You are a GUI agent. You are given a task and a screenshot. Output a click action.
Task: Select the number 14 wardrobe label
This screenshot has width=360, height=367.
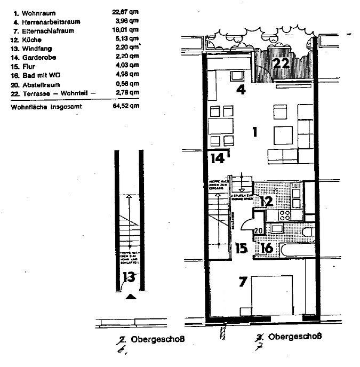pos(217,158)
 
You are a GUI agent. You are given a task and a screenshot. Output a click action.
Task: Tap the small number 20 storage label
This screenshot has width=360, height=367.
pos(259,230)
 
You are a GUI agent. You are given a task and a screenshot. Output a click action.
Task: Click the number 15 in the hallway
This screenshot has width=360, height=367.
pos(242,249)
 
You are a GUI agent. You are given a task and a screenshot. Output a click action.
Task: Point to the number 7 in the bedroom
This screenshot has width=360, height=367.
pos(243,282)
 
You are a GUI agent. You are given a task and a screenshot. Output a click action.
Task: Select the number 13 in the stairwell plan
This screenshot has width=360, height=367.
pos(128,276)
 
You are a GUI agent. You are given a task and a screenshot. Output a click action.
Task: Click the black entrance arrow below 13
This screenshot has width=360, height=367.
pos(129,297)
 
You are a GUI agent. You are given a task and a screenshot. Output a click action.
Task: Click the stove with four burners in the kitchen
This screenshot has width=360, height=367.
pos(284,216)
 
